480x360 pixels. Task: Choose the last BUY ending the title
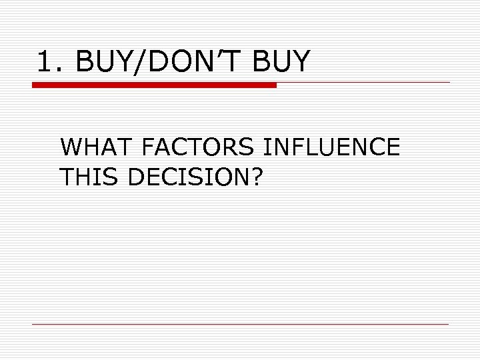(x=283, y=63)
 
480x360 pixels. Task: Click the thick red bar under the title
(x=154, y=85)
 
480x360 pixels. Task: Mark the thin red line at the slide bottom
(x=240, y=324)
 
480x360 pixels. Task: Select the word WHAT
(x=97, y=147)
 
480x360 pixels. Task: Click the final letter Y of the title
(x=301, y=63)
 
